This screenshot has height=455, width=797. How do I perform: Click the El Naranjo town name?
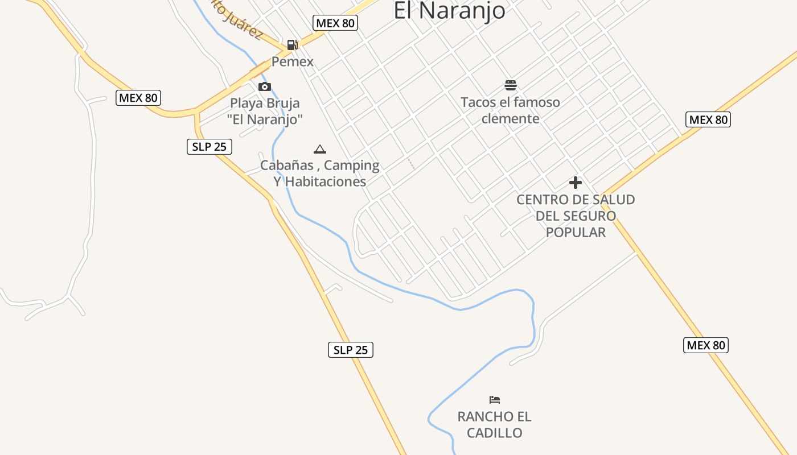[x=449, y=10]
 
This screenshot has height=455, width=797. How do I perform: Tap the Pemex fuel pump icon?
[x=292, y=44]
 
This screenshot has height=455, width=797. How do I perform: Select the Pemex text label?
[x=292, y=61]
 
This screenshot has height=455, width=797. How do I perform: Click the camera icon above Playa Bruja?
[x=265, y=86]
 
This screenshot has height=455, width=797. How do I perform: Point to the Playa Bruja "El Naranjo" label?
[x=265, y=111]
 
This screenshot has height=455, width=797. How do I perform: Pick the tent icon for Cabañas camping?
[x=320, y=149]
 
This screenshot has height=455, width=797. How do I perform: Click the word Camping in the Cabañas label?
[x=351, y=166]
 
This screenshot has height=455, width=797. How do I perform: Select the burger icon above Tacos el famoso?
[x=511, y=86]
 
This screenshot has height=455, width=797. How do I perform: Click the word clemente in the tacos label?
[x=510, y=118]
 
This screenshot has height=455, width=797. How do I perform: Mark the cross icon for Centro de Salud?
[x=576, y=183]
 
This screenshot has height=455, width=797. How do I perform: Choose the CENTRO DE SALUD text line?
[x=576, y=200]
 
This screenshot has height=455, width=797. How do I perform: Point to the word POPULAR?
[x=576, y=232]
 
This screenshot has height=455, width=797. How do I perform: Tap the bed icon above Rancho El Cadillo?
[x=495, y=400]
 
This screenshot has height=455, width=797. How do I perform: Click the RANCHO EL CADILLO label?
[x=495, y=425]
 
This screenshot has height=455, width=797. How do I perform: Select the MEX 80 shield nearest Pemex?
[x=335, y=23]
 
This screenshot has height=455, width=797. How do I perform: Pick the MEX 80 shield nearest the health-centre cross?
[x=708, y=119]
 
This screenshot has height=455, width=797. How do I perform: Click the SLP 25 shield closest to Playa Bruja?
[x=209, y=147]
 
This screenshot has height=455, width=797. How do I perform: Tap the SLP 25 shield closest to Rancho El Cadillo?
[x=351, y=350]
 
